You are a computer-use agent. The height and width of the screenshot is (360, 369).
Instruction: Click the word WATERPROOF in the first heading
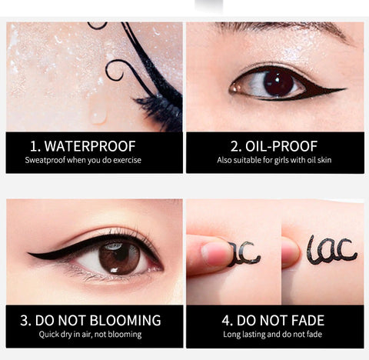click(90, 146)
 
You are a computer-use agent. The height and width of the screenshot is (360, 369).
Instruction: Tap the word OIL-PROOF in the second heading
click(281, 146)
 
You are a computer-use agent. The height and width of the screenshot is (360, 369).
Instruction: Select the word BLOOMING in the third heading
click(125, 321)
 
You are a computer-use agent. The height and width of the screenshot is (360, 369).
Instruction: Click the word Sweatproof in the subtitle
click(45, 160)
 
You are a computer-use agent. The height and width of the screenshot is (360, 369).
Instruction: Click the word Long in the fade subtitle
click(231, 335)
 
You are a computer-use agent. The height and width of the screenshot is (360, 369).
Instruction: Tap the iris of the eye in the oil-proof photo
click(278, 83)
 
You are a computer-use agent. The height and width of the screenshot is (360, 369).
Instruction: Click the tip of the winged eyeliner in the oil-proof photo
click(346, 89)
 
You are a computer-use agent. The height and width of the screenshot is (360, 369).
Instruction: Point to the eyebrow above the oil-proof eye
click(284, 29)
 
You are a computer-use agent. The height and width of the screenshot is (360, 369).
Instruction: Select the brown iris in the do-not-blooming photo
click(119, 258)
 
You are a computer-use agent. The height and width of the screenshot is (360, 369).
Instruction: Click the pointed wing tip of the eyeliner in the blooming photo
click(28, 254)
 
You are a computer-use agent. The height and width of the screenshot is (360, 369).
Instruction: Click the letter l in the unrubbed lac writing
click(311, 250)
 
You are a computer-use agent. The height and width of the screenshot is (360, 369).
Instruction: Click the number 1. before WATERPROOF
click(35, 146)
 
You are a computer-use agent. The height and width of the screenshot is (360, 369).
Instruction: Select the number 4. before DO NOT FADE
click(227, 321)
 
